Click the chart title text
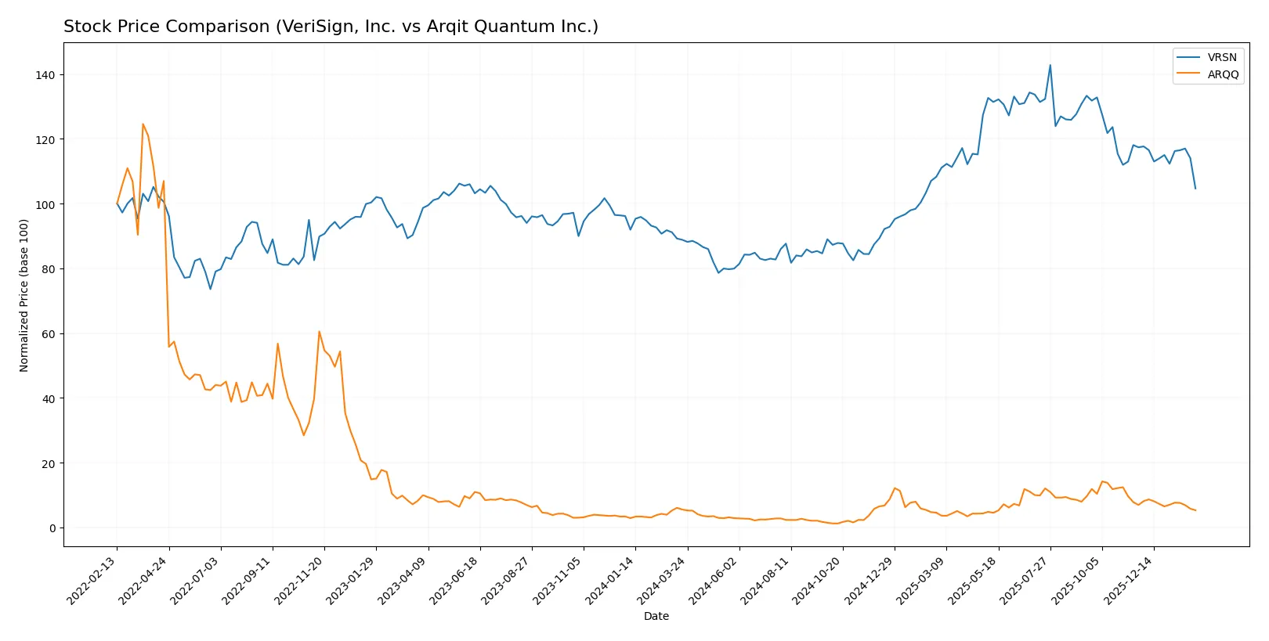click(331, 27)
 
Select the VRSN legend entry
click(1221, 57)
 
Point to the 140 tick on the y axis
click(45, 75)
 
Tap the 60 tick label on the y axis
click(49, 334)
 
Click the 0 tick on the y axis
click(52, 528)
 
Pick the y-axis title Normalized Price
click(24, 295)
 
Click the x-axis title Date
click(656, 616)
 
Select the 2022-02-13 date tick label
click(92, 580)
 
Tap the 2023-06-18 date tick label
click(455, 580)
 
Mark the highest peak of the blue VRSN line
click(1050, 65)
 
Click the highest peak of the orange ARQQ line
click(143, 124)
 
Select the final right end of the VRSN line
click(1195, 189)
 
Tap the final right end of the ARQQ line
click(1195, 510)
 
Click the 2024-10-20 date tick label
click(818, 580)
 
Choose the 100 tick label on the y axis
click(45, 204)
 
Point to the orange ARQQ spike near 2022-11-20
click(319, 331)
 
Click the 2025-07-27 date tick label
click(1025, 580)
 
